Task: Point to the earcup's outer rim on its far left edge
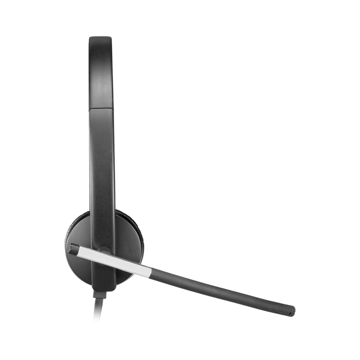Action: (x=65, y=243)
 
